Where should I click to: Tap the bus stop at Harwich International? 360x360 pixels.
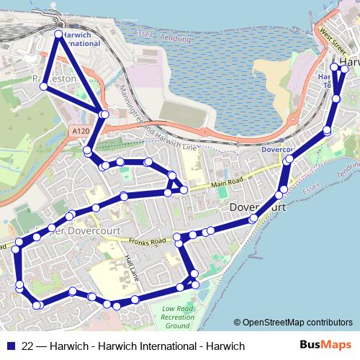(x=59, y=34)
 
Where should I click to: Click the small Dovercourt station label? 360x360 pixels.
(x=275, y=150)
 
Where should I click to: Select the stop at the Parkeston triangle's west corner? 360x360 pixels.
(x=44, y=86)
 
